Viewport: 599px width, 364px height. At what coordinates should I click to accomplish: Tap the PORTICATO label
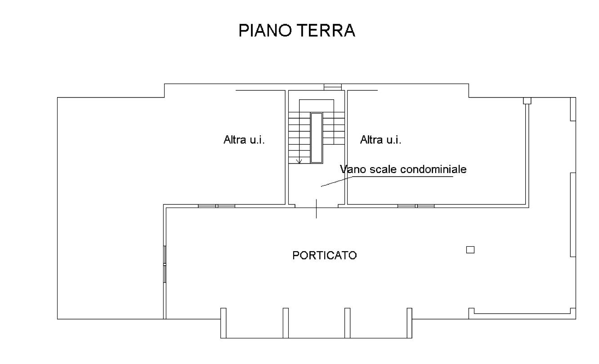point(325,256)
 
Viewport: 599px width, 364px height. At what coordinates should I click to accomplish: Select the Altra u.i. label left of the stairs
point(244,139)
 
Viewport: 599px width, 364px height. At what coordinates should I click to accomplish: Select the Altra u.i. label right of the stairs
point(380,139)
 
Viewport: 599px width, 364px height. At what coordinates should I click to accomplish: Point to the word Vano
point(351,169)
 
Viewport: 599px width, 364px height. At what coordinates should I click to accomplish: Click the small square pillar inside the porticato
point(470,250)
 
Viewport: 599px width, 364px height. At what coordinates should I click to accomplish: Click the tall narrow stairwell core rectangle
point(317,138)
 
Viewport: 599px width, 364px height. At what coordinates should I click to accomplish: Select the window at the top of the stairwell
point(333,87)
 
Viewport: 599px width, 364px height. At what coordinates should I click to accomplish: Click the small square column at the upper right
point(527,101)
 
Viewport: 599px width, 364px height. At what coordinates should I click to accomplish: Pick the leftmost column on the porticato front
point(224,323)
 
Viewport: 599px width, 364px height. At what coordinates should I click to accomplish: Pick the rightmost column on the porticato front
point(409,323)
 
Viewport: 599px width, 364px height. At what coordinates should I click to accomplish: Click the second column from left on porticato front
point(286,323)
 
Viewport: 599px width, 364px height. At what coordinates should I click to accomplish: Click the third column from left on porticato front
point(347,323)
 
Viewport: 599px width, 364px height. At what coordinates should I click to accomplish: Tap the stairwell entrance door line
point(316,209)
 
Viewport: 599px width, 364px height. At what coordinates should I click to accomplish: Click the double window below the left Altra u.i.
point(217,206)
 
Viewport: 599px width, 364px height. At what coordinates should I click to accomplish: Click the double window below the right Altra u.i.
point(416,206)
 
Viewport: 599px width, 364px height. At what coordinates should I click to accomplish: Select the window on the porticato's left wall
point(165,264)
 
